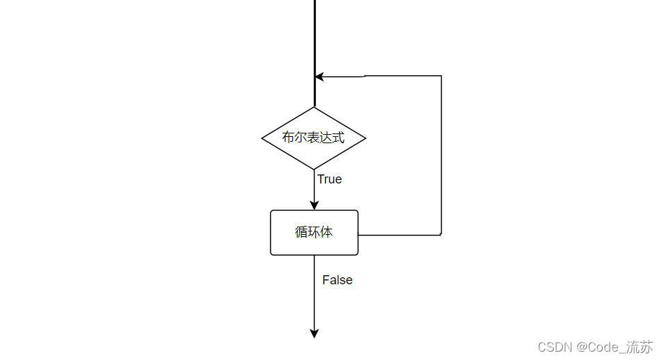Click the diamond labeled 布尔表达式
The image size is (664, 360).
[x=313, y=138]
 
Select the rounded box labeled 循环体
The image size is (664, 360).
[x=314, y=232]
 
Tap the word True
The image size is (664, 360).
[x=329, y=179]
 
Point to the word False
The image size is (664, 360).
[x=337, y=280]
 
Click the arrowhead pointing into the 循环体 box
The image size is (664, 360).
[x=314, y=205]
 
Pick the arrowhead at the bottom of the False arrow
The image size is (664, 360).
[x=314, y=334]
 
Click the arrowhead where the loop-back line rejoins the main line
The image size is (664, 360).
[x=319, y=76]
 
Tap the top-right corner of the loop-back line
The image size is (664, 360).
[x=441, y=76]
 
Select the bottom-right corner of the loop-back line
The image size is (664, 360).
[x=441, y=235]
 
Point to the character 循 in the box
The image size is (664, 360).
[x=301, y=232]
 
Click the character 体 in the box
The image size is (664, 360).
[x=326, y=232]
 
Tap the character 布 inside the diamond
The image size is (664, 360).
[x=288, y=138]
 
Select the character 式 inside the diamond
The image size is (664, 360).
[x=338, y=138]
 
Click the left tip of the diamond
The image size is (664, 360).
[x=263, y=138]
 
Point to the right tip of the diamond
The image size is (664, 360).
[x=365, y=138]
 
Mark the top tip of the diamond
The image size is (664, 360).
[x=314, y=107]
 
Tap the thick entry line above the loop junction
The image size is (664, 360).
[x=315, y=35]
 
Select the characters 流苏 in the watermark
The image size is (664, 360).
[x=640, y=347]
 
